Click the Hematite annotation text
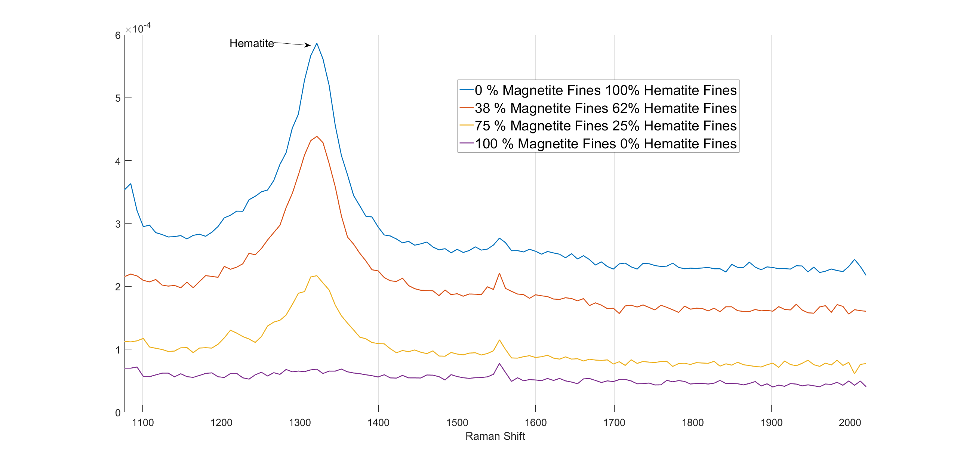(252, 43)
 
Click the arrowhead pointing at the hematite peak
(308, 45)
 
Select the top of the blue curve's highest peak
(317, 43)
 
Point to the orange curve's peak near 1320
(317, 136)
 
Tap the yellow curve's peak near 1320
(317, 276)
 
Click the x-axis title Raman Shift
(495, 436)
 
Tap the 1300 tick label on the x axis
(300, 423)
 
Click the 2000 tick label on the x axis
(850, 423)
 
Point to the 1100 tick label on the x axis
(143, 423)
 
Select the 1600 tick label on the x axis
(535, 423)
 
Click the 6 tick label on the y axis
(118, 36)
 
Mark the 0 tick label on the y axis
(118, 413)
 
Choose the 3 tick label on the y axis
(118, 224)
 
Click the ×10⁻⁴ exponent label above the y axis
(138, 28)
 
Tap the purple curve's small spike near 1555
(499, 364)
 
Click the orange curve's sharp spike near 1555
(499, 274)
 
